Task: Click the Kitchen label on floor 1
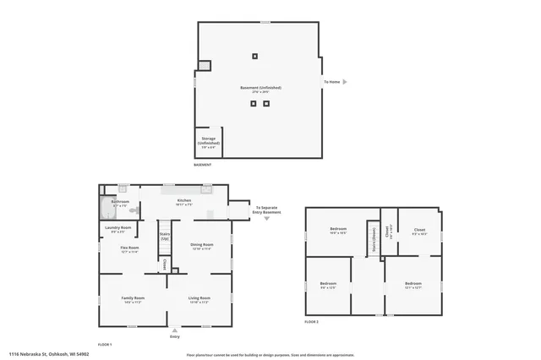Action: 184,201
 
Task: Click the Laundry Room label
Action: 118,227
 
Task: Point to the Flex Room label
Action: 129,248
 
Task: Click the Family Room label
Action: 133,298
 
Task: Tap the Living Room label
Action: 199,298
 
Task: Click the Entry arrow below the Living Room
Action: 174,330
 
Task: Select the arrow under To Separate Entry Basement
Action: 267,218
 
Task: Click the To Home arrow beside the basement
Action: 344,82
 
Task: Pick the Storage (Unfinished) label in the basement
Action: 208,140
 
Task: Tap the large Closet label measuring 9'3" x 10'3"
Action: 419,230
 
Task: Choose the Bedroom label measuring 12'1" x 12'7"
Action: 413,284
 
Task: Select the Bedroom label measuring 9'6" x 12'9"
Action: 328,285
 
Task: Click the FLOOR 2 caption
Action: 311,323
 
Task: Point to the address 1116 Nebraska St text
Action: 49,353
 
